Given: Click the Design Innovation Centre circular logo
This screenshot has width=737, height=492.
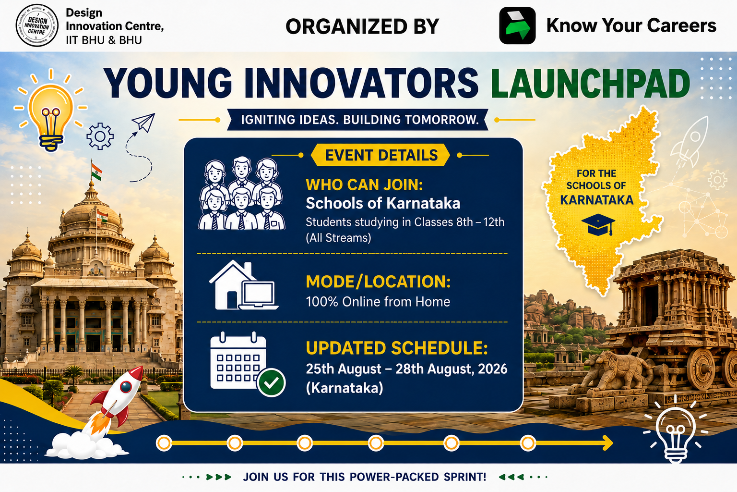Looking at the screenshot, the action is click(37, 25).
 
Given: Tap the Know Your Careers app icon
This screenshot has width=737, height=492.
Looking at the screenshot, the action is click(517, 25).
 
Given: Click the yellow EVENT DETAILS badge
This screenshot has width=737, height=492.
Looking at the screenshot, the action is click(380, 155).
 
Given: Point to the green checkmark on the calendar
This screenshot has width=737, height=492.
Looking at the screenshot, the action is click(271, 382).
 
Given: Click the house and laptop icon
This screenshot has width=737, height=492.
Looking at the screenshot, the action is click(244, 285).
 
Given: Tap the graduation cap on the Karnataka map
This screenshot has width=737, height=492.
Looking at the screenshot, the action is click(598, 224).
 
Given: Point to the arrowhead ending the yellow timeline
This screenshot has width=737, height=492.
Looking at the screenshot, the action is click(608, 443).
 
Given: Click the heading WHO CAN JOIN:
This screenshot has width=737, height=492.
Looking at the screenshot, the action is click(364, 184).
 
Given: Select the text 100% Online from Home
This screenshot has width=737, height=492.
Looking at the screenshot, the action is click(378, 302).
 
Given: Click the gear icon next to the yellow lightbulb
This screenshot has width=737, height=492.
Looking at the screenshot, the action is click(100, 136).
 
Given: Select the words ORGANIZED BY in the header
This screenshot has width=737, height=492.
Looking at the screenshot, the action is click(362, 26).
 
